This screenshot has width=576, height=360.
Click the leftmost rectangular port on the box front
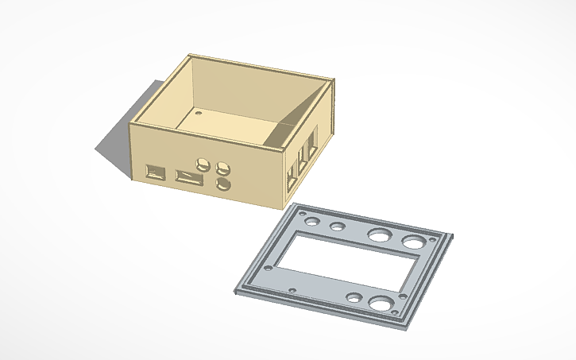pyautogui.click(x=154, y=171)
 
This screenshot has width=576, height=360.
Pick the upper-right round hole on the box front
pyautogui.click(x=224, y=168)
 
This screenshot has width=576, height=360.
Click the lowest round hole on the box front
pyautogui.click(x=223, y=184)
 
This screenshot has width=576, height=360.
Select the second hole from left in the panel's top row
pyautogui.click(x=338, y=227)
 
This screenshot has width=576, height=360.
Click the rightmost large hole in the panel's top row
pyautogui.click(x=413, y=242)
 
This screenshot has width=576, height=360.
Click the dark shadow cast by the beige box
pyautogui.click(x=111, y=143)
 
